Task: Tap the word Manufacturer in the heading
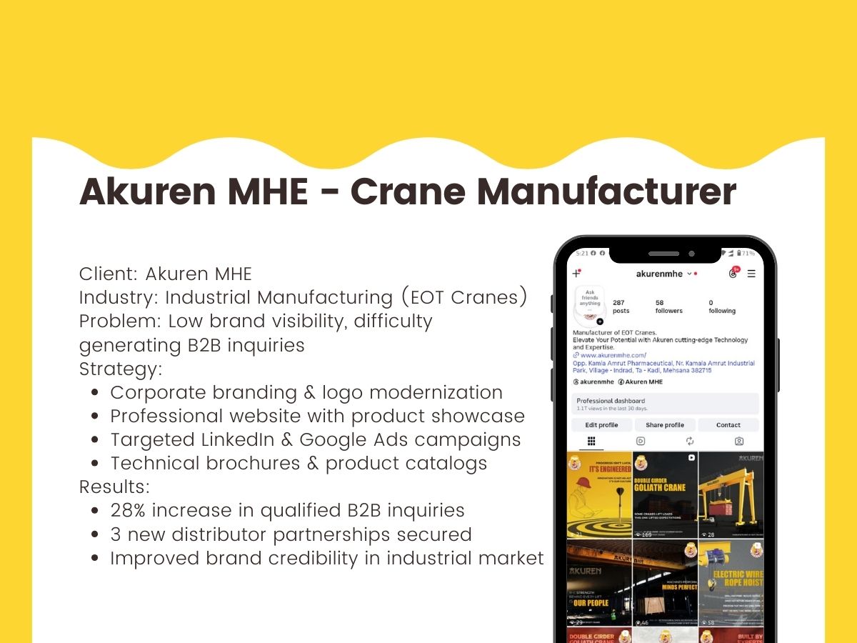pos(606,191)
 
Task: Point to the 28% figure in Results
pos(128,510)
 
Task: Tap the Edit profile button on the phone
pos(602,425)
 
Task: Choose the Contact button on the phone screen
pos(728,425)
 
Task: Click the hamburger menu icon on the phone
pos(751,274)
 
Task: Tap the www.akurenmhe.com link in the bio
pos(613,355)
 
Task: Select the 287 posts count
pos(621,306)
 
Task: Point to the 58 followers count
pos(668,306)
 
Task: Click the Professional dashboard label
pos(611,401)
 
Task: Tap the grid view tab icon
pos(591,442)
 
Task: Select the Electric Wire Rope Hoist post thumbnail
pos(731,582)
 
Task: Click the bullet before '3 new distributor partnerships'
pos(96,534)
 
